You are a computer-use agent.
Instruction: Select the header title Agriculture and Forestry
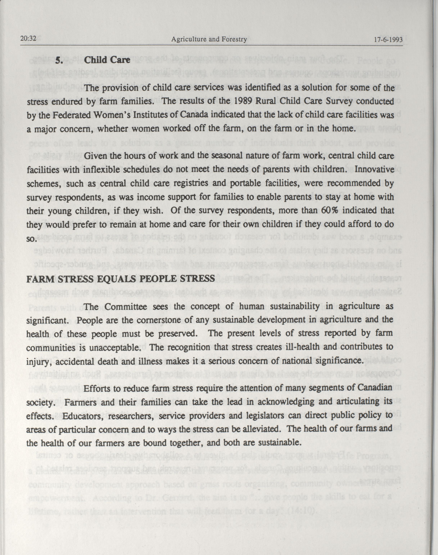(x=209, y=39)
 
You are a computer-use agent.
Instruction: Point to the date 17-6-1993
(x=388, y=40)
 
